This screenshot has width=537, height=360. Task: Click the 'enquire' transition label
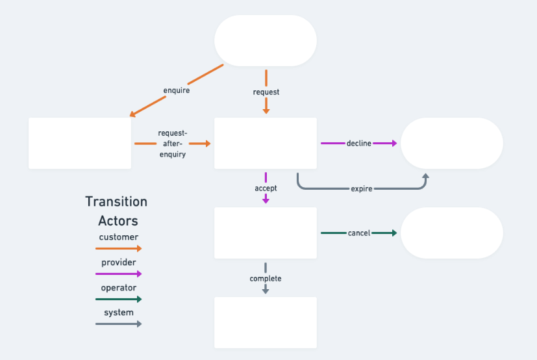176,90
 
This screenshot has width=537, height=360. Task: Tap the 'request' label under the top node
266,92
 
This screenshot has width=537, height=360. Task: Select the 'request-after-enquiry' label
172,144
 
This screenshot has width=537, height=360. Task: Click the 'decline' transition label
358,143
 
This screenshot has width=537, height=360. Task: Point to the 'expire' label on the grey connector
361,188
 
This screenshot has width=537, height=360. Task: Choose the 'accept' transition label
266,188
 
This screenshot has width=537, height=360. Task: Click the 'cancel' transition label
358,233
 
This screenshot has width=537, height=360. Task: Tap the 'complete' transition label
266,278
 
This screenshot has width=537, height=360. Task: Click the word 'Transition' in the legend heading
116,201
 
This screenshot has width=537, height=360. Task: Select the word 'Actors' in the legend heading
118,220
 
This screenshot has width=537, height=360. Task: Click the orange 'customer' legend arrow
118,248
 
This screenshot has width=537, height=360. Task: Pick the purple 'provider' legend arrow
118,274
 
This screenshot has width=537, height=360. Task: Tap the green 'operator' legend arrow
118,299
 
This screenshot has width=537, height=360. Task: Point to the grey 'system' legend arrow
118,324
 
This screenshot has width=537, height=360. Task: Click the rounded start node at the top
266,40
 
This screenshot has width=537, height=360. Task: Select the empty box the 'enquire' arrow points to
80,143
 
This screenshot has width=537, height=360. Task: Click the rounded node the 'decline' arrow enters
452,143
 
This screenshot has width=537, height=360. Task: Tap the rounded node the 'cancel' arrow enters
452,233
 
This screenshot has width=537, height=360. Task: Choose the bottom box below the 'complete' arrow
266,322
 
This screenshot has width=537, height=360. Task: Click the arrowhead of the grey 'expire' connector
426,176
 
